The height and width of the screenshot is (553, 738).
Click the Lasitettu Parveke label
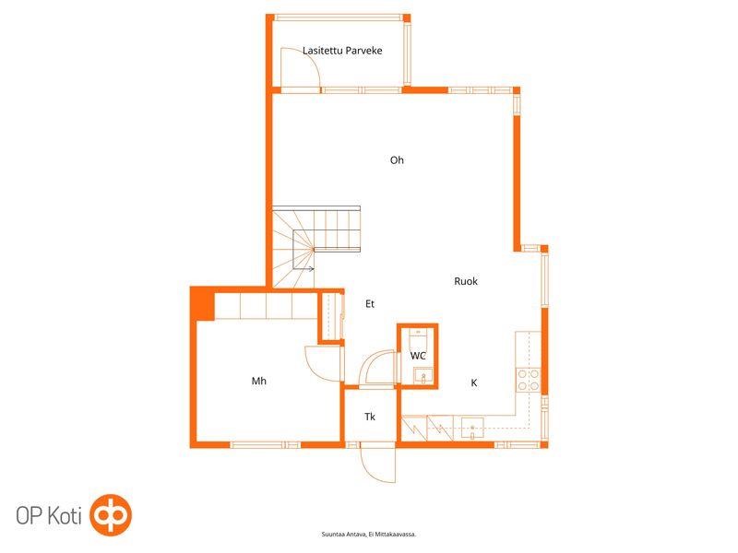[x=342, y=51]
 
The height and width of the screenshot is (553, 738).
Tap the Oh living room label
[x=397, y=160]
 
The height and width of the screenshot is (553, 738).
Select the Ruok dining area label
[x=466, y=281]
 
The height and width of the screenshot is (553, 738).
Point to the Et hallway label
[x=370, y=304]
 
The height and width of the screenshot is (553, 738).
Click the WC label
[x=418, y=356]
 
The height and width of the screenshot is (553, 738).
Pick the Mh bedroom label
[x=259, y=381]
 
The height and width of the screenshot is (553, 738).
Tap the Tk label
[x=370, y=417]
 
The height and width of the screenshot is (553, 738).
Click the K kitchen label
[x=474, y=382]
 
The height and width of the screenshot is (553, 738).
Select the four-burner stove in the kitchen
[x=528, y=381]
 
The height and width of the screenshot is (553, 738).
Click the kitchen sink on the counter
[x=472, y=428]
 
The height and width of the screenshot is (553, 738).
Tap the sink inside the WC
[x=423, y=376]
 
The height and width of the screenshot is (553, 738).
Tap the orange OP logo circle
[x=111, y=515]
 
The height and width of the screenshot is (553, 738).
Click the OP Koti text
[x=49, y=516]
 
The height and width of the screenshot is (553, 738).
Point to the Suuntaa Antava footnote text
[x=369, y=535]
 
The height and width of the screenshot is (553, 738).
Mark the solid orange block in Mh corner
[x=202, y=304]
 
